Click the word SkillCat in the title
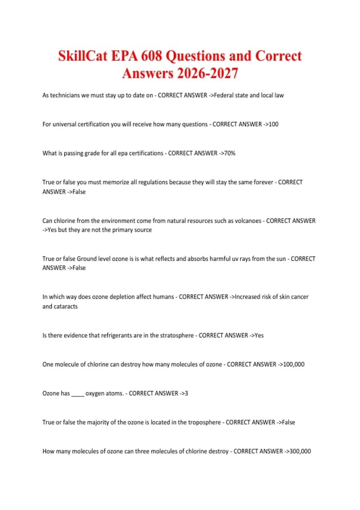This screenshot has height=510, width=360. pyautogui.click(x=82, y=56)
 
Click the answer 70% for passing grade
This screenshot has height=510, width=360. pyautogui.click(x=230, y=153)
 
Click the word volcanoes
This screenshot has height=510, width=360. pyautogui.click(x=248, y=221)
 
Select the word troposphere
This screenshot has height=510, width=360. pyautogui.click(x=204, y=422)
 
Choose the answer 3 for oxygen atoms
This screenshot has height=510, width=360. pyautogui.click(x=186, y=393)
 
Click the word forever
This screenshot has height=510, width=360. pyautogui.click(x=263, y=182)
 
